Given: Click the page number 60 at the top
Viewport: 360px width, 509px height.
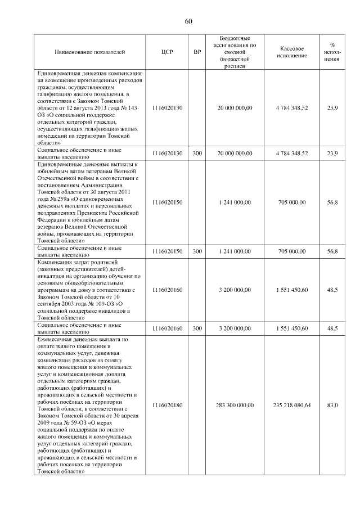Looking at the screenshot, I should coord(188,22).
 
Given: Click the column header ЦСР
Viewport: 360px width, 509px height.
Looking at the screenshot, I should coord(167,52).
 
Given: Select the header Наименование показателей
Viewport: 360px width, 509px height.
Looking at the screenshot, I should coord(89,52).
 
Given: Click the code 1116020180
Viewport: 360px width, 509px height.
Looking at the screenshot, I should coord(167,405).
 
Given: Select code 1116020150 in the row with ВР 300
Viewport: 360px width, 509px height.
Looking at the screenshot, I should coord(167,251).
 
